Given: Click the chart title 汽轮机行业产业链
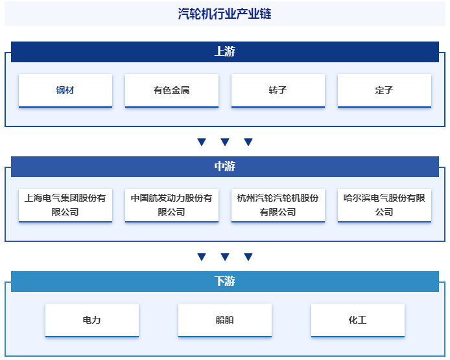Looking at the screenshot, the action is point(224,14).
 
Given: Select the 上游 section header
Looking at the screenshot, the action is point(224,52).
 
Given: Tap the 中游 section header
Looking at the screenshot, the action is point(224,167).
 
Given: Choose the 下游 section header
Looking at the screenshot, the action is point(224,282).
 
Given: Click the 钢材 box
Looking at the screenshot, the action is point(65,90).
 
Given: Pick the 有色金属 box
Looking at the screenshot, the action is point(172,90).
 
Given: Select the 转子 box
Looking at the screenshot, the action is point(278,90).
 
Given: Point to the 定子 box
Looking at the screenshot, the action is point(384,90).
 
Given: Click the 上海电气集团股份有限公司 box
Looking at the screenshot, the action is point(65,205).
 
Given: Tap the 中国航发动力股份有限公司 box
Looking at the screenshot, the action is point(172,205).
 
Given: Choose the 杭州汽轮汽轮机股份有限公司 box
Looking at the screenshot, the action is point(278,205).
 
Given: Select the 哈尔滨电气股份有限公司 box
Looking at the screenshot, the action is point(384,205).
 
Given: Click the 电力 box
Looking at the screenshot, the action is point(92,320).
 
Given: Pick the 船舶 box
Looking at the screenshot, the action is point(224,320).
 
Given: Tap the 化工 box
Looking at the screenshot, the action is point(357,320).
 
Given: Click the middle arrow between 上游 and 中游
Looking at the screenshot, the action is point(225,142).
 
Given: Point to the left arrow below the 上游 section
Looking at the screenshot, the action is point(202,142).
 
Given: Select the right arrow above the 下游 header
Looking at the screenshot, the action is point(248,257).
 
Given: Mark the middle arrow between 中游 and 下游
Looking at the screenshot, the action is point(225,257).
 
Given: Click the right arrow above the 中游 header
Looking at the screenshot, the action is point(248,142).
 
